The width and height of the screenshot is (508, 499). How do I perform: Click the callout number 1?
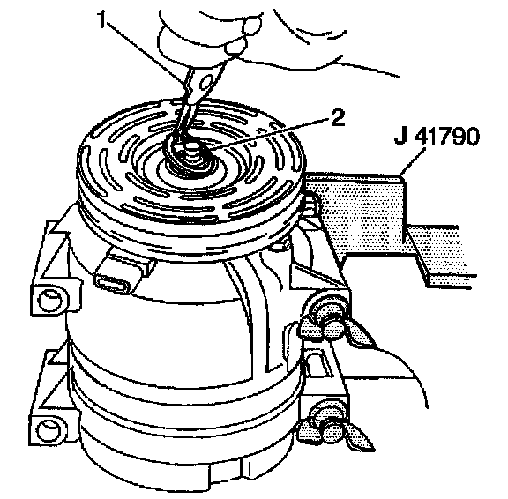103,19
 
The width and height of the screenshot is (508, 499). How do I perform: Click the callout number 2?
337,118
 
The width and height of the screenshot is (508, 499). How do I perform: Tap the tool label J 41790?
437,136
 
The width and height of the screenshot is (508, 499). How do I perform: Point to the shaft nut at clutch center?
192,154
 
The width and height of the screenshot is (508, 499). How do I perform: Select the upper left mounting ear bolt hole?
49,300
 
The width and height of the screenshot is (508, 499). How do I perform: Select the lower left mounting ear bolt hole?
49,431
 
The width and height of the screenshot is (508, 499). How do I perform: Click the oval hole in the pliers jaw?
205,84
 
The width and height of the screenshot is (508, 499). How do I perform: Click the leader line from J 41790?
413,162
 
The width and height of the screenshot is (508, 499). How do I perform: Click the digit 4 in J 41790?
421,136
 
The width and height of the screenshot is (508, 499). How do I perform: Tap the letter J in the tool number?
400,137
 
